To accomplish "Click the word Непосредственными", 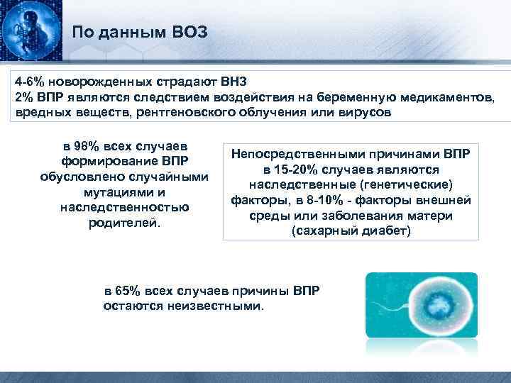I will coord(294,154).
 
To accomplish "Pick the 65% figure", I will coord(130,292).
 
